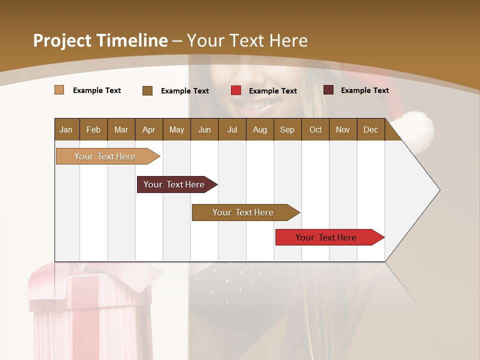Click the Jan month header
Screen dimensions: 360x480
point(66,129)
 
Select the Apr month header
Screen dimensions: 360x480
point(148,129)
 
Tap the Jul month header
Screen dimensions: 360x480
point(232,129)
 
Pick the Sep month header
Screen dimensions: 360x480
point(287,129)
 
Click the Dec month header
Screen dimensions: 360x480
point(370,129)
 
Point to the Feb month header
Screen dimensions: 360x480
point(93,129)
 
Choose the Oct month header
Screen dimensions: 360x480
point(315,129)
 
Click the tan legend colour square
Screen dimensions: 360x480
point(59,90)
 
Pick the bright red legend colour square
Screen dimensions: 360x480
point(236,90)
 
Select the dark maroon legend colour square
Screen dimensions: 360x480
point(328,90)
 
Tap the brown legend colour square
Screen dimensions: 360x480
point(147,90)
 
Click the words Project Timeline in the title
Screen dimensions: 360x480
point(100,40)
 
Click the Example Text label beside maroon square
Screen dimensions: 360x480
point(364,90)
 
